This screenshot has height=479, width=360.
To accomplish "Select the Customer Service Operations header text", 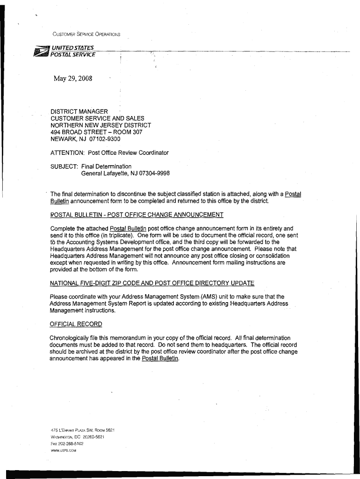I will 86,35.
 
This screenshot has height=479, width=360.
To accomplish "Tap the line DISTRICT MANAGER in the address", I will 79,111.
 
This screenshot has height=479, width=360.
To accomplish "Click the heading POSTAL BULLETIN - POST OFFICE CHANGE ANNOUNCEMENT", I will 137,215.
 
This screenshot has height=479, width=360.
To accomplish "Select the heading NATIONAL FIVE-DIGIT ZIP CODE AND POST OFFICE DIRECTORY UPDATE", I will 152,283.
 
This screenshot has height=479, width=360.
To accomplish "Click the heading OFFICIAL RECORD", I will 76,324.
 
